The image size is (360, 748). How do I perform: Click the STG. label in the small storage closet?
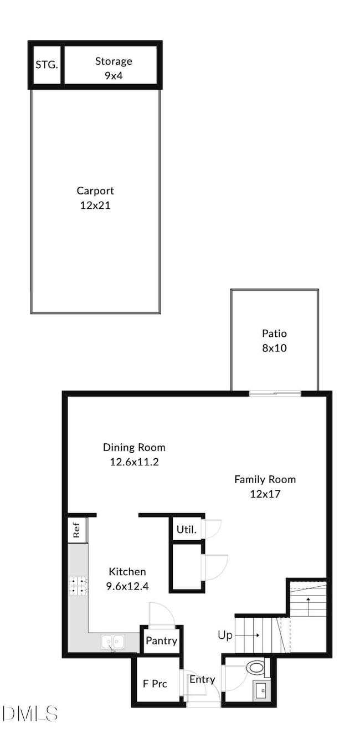tap(47, 65)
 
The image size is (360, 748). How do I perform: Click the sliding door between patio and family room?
tap(275, 393)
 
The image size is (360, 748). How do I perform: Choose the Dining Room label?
tap(134, 447)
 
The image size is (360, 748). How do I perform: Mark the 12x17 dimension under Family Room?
tap(265, 493)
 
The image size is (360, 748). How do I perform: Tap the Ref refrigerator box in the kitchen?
tap(76, 530)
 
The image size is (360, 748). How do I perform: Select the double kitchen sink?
tap(114, 642)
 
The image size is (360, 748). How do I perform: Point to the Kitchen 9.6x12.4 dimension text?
tap(127, 585)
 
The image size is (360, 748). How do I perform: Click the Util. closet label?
tap(186, 529)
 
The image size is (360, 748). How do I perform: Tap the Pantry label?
tap(161, 641)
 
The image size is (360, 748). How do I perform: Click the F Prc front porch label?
tap(155, 683)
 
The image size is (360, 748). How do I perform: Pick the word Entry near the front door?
tap(202, 679)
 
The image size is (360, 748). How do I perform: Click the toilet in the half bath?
tap(256, 667)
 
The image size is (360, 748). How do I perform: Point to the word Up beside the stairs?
tap(225, 635)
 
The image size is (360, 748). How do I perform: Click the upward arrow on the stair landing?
tap(307, 605)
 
